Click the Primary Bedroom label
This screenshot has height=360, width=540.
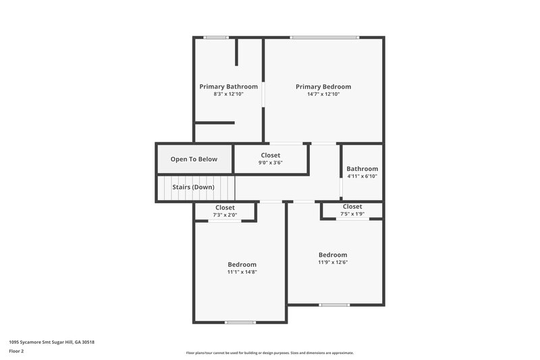click(323, 86)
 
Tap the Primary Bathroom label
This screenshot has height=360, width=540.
click(228, 86)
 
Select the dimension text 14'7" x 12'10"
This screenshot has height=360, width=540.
click(323, 95)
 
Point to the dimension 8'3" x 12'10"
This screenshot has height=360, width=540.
click(228, 95)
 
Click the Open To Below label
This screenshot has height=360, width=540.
click(194, 159)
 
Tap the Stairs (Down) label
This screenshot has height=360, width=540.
click(193, 187)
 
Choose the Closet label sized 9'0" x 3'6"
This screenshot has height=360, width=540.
click(271, 155)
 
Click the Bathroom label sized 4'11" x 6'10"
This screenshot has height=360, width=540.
click(362, 169)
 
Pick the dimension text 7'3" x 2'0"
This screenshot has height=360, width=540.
click(225, 215)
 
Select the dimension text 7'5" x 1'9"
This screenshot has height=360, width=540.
click(352, 214)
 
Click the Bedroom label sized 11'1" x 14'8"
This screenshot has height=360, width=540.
click(242, 264)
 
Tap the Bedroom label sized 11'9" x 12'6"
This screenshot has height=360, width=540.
click(333, 255)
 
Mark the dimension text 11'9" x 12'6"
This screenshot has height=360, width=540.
click(333, 262)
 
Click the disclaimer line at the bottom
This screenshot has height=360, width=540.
click(270, 353)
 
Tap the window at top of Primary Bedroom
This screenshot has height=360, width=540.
click(324, 37)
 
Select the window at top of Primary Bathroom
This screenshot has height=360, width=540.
click(216, 37)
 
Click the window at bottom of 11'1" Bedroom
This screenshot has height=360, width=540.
click(240, 322)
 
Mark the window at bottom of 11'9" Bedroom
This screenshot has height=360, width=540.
click(334, 305)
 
